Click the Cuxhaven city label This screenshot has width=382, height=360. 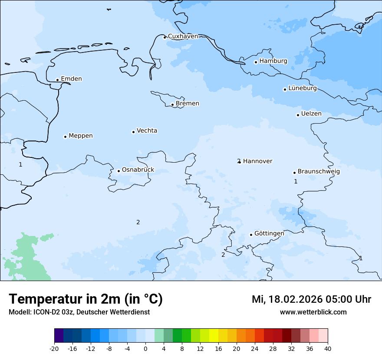point(183,36)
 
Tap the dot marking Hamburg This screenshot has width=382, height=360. point(256,62)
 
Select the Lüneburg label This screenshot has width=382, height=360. point(302,88)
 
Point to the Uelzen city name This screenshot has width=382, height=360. point(311,114)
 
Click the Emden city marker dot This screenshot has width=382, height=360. point(57,80)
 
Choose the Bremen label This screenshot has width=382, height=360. point(188,104)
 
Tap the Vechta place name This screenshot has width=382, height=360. point(147,131)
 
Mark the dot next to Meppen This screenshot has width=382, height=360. point(65,137)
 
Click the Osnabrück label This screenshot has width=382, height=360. point(138,170)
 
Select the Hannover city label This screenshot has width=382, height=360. point(257,161)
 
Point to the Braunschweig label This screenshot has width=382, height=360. point(319,172)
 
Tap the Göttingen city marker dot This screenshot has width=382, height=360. point(251,235)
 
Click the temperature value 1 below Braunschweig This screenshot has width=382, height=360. point(296,181)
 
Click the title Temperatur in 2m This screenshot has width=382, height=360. point(86,299)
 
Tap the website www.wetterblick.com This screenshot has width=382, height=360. point(313,312)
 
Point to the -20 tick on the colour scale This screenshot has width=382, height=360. point(54,348)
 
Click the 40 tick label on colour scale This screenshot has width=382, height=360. point(328,348)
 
